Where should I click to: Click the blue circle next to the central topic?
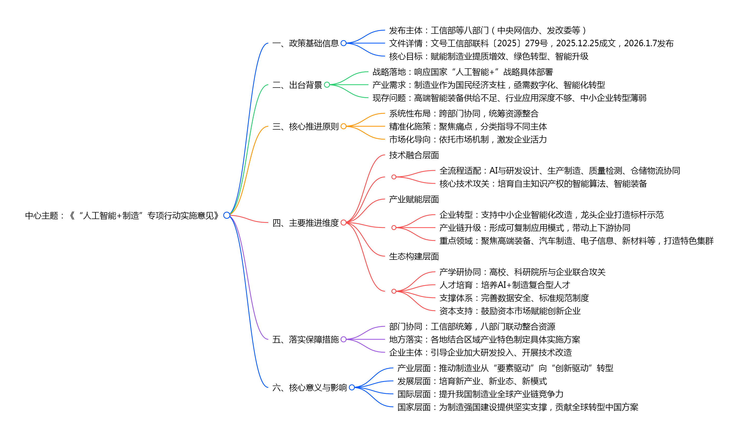[x=227, y=215]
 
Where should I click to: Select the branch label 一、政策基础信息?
[x=306, y=43]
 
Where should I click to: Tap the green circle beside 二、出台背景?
[x=327, y=85]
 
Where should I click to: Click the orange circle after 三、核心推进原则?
[x=343, y=126]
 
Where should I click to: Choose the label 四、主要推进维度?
[x=306, y=223]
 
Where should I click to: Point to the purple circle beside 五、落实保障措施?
[x=343, y=339]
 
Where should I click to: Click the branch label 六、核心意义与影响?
[x=310, y=387]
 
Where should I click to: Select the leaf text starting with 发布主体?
[x=487, y=30]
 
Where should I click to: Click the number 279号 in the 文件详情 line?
[x=536, y=43]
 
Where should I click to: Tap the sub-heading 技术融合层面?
[x=414, y=155]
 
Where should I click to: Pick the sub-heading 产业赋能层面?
[x=414, y=199]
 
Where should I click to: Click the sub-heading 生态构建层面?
[x=414, y=256]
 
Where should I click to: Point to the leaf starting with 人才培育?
[x=505, y=285]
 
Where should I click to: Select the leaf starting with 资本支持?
[x=510, y=311]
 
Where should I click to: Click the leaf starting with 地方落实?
[x=484, y=339]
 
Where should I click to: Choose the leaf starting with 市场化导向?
[x=468, y=139]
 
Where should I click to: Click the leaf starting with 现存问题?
[x=509, y=98]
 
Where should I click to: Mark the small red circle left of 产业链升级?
[x=394, y=227]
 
